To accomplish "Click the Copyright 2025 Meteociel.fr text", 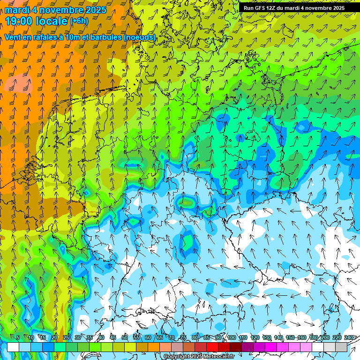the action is [199, 357].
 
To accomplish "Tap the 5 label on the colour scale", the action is [18, 338].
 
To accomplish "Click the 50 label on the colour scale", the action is [125, 338].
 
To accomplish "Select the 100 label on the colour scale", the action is [232, 338].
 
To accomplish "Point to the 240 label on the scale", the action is [349, 338].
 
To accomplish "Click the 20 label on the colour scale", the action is [54, 338].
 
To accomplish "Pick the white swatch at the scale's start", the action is [13, 347].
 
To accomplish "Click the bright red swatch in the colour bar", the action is [212, 347].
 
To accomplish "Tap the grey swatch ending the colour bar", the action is [341, 347].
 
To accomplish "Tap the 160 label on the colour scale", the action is [302, 338].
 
